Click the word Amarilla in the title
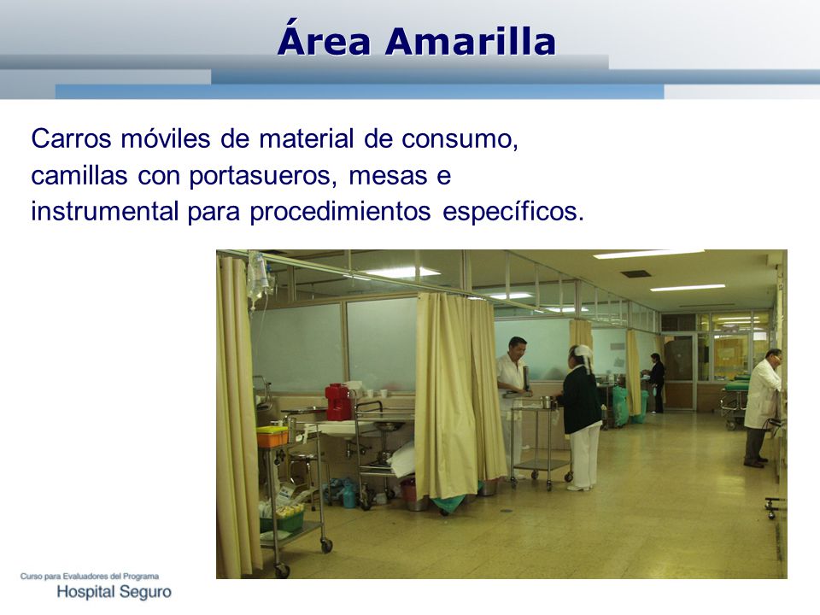[470, 41]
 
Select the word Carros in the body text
[71, 139]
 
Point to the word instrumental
[104, 211]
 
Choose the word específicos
[513, 212]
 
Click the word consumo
[460, 139]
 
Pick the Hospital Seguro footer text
[114, 592]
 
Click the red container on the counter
[338, 401]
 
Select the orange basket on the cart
[272, 436]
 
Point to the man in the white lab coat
[761, 407]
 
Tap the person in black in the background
[656, 383]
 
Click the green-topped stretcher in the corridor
[735, 399]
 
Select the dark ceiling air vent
[635, 273]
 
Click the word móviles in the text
[165, 139]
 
